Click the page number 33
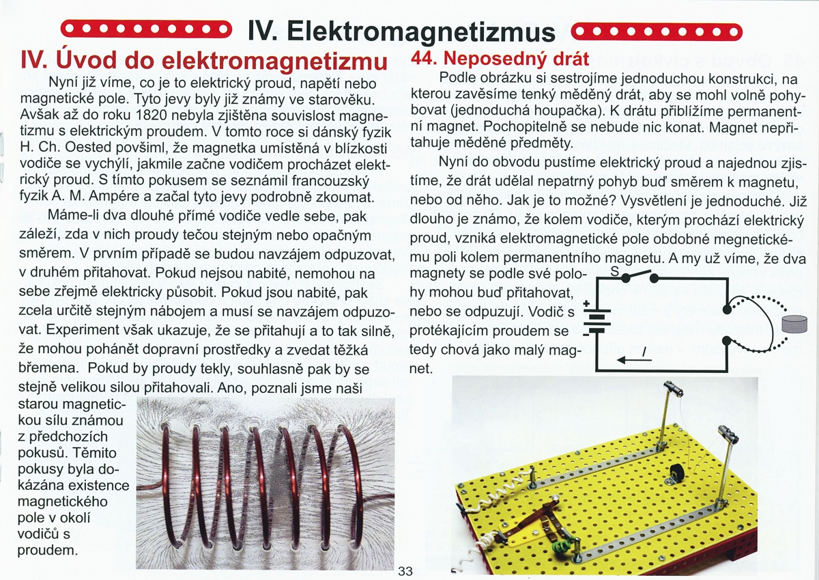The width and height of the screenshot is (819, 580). (x=405, y=571)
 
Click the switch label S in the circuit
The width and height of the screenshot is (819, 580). (x=613, y=271)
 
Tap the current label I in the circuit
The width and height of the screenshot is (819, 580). (x=643, y=350)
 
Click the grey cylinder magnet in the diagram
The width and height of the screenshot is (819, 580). (x=794, y=323)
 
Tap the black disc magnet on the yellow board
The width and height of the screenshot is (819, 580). (x=678, y=473)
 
